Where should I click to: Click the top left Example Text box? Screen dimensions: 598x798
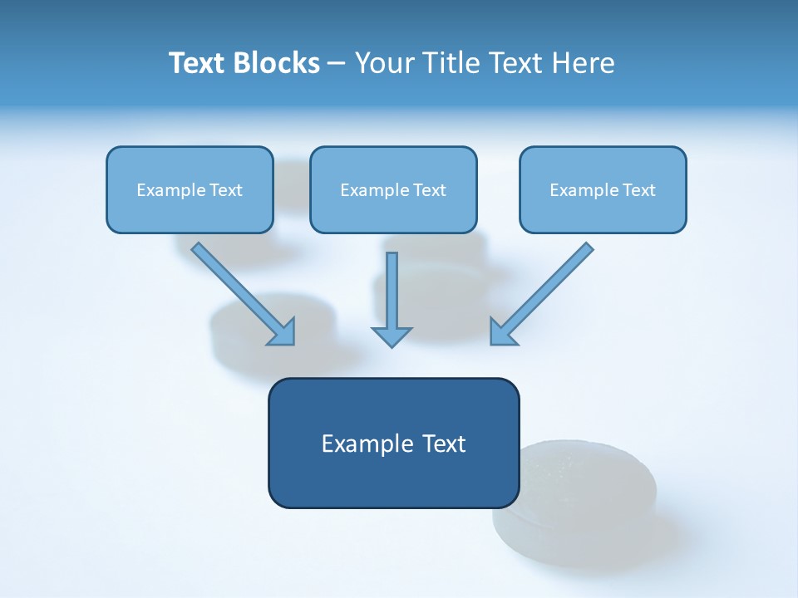pos(190,189)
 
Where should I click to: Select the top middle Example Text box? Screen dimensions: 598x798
pos(393,189)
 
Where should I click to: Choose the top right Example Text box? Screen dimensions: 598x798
pos(603,189)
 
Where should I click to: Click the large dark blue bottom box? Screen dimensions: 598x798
pos(393,443)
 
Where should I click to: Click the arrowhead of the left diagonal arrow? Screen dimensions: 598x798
pos(283,333)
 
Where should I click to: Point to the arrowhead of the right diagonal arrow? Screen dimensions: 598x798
pos(502,333)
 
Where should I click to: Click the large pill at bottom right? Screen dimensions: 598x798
pos(582,507)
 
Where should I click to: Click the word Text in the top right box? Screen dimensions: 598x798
pos(638,190)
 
